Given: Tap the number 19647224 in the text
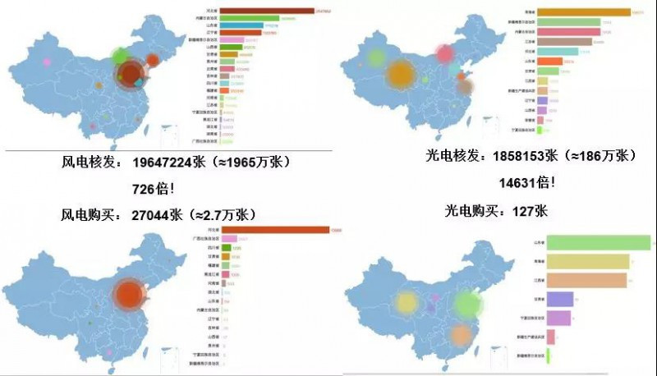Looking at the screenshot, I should [x=169, y=162].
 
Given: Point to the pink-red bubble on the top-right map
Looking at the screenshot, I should [x=446, y=54].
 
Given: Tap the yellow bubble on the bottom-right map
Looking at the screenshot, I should [x=407, y=303].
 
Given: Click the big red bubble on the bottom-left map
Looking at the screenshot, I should [x=128, y=295].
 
